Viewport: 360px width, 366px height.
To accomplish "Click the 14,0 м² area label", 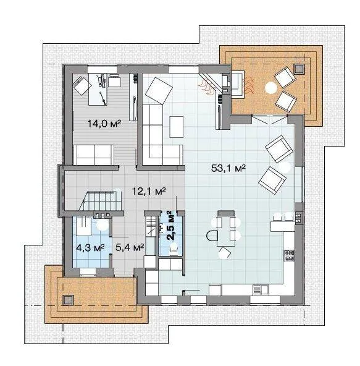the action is pos(104,123).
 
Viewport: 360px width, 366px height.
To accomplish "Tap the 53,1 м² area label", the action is pos(228,168).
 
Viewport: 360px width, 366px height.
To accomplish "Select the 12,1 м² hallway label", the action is pos(149,191).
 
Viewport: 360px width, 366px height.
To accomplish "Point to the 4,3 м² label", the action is pos(90,248).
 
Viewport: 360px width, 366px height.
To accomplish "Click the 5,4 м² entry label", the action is pos(130,248).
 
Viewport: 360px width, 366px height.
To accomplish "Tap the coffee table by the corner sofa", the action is pos(177,127).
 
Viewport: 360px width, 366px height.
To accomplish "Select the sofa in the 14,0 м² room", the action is pos(94,155).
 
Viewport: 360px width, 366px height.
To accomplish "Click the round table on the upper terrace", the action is pos(271,88).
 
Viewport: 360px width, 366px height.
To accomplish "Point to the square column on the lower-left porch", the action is pos(69,300).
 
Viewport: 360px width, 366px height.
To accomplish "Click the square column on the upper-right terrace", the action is pos(299,69).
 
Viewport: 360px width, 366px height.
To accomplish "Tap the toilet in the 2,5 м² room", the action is pos(174,249).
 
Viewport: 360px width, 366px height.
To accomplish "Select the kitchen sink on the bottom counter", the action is pos(261,290).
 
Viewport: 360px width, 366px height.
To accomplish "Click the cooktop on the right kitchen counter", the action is pos(289,255).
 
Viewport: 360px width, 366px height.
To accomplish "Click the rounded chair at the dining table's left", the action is pos(212,236).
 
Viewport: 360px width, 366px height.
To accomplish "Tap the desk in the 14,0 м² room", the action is pos(98,89).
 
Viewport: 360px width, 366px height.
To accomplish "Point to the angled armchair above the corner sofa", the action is pos(159,90).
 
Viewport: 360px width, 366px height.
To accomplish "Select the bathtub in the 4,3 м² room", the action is pos(84,226).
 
